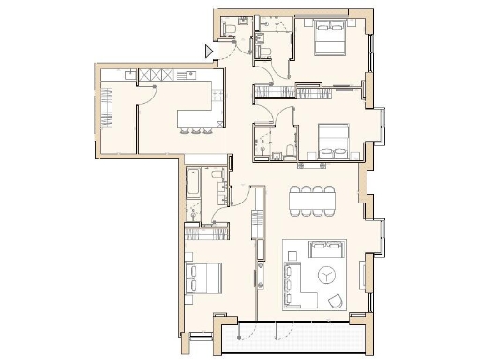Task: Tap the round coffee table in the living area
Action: tap(325, 276)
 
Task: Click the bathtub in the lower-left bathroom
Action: tap(193, 185)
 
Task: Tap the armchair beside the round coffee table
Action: tap(337, 300)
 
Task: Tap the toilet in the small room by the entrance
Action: tap(266, 51)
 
